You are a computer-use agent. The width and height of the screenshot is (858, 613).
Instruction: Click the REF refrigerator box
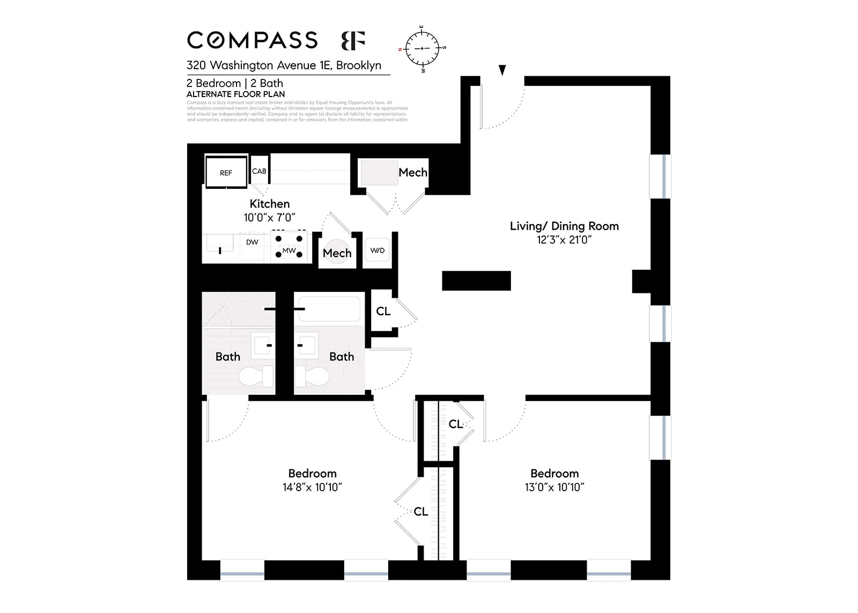tap(226, 172)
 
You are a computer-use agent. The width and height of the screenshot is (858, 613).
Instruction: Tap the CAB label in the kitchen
tap(259, 171)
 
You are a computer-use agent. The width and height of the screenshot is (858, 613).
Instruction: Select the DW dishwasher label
tap(252, 242)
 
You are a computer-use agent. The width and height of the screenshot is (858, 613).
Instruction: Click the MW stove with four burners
tap(289, 246)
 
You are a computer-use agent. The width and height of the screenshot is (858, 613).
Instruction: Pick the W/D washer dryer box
tap(377, 250)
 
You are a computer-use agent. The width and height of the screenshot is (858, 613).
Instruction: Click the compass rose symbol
tap(422, 49)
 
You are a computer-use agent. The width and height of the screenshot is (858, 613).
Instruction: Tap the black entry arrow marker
tap(502, 70)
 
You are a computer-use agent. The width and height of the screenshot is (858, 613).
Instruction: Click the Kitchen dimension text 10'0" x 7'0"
tap(269, 217)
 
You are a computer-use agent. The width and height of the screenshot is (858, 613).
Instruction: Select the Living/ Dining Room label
tap(564, 226)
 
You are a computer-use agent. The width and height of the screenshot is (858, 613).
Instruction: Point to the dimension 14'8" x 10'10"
tap(312, 487)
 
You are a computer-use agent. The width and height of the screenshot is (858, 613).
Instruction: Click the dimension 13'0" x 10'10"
tap(554, 487)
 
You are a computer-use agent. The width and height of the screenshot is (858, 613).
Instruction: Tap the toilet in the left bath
tap(255, 376)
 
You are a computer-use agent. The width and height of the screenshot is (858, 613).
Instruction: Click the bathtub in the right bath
tap(329, 309)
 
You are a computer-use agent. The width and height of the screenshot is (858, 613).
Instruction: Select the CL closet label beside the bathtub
tap(383, 311)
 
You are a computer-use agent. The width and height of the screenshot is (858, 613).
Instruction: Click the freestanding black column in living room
tap(476, 280)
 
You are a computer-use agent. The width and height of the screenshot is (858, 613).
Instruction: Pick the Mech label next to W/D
tap(337, 253)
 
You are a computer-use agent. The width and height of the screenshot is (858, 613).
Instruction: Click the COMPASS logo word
tap(252, 41)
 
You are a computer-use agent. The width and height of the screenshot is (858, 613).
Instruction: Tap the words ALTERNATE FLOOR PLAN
tap(235, 94)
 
